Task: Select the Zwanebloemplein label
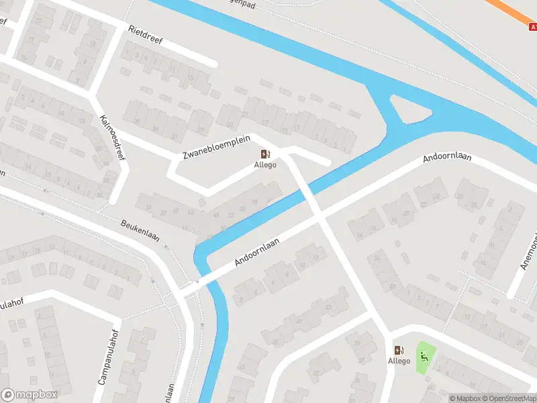[x=216, y=147]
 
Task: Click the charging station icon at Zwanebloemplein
[x=265, y=154]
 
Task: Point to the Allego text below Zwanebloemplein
[x=265, y=165]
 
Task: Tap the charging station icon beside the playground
[x=399, y=350]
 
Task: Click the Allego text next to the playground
[x=399, y=361]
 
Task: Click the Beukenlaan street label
[x=144, y=232]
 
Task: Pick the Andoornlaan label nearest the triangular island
[x=447, y=159]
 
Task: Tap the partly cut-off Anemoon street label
[x=529, y=249]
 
